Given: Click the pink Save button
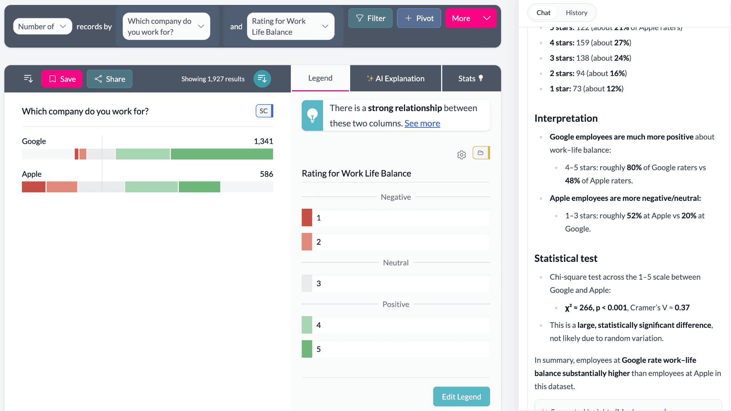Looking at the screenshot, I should click(x=62, y=79).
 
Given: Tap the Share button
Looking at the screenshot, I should click(x=110, y=79).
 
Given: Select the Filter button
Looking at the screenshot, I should click(x=370, y=18).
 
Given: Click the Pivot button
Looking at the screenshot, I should click(x=419, y=18).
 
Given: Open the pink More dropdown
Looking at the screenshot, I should click(x=470, y=18).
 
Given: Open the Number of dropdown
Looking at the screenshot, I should click(x=42, y=26).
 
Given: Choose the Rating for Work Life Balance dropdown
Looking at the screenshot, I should click(x=290, y=26).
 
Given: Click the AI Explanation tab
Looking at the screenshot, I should click(x=395, y=78).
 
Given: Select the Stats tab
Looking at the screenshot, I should click(x=471, y=78).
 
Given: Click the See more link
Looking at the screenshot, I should click(x=422, y=123).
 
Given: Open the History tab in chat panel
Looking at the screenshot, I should click(x=576, y=13).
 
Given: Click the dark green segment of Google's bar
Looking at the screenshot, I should click(x=222, y=154).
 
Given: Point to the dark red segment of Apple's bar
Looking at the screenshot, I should click(x=34, y=187).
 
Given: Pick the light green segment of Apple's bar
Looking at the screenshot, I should click(x=151, y=187).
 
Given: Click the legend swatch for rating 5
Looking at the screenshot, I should click(x=307, y=349).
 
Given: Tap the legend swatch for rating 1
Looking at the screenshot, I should click(x=307, y=218).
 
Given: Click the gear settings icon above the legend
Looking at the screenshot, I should click(x=461, y=155).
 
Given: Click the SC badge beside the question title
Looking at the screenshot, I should click(x=264, y=111).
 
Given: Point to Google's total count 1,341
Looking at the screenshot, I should click(x=263, y=141).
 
